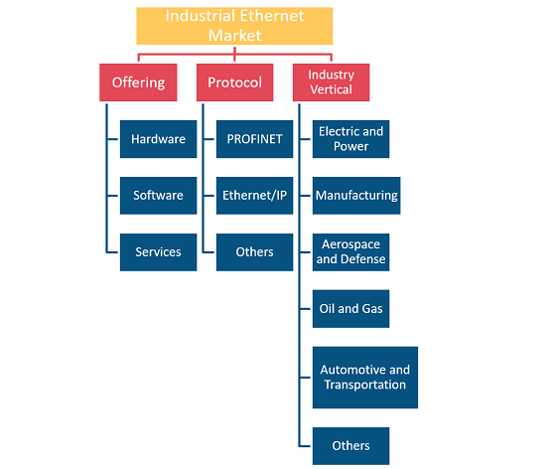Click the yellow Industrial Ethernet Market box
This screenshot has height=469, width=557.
[x=234, y=26]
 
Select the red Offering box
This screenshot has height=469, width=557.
[x=138, y=82]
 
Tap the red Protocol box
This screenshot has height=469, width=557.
[x=234, y=82]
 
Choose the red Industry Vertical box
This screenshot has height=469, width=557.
[x=331, y=82]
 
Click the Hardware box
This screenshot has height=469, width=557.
[x=159, y=139]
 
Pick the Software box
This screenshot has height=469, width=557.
[x=159, y=196]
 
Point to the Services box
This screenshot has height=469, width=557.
[x=159, y=252]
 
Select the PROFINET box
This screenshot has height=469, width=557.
[x=255, y=139]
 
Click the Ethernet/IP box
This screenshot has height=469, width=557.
[x=255, y=196]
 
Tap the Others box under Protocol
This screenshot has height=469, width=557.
[x=255, y=252]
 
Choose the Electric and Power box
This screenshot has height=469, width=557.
[x=350, y=139]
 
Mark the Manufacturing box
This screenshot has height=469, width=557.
[x=356, y=196]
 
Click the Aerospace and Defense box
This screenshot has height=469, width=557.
[x=350, y=252]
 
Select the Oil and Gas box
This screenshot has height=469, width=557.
[x=350, y=309]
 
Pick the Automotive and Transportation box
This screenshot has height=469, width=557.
[x=365, y=378]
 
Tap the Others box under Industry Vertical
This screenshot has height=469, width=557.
[x=350, y=446]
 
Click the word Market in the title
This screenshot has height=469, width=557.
[x=234, y=36]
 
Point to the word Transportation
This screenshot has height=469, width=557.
[x=365, y=385]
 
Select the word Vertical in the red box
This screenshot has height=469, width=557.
[x=331, y=89]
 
